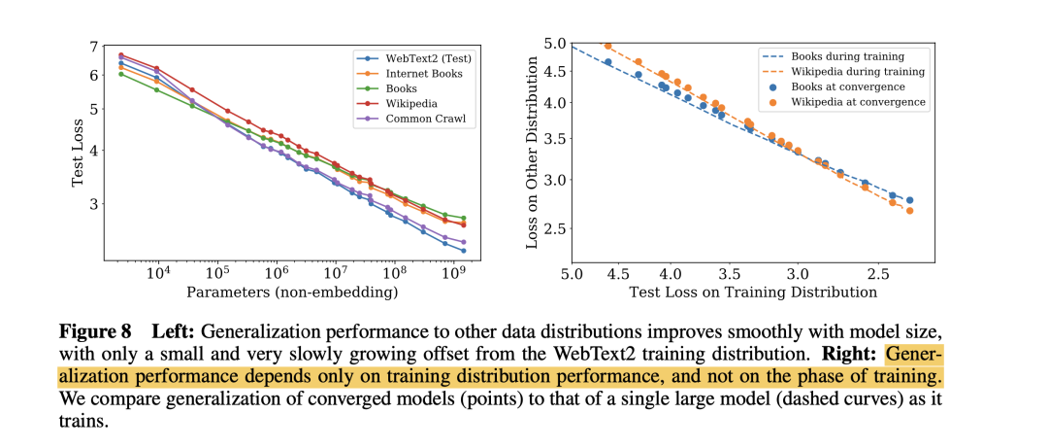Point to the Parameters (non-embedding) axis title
point(292,292)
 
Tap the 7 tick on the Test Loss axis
point(93,47)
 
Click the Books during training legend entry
point(848,56)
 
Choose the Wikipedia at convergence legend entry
point(858,101)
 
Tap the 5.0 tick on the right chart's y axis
point(554,43)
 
